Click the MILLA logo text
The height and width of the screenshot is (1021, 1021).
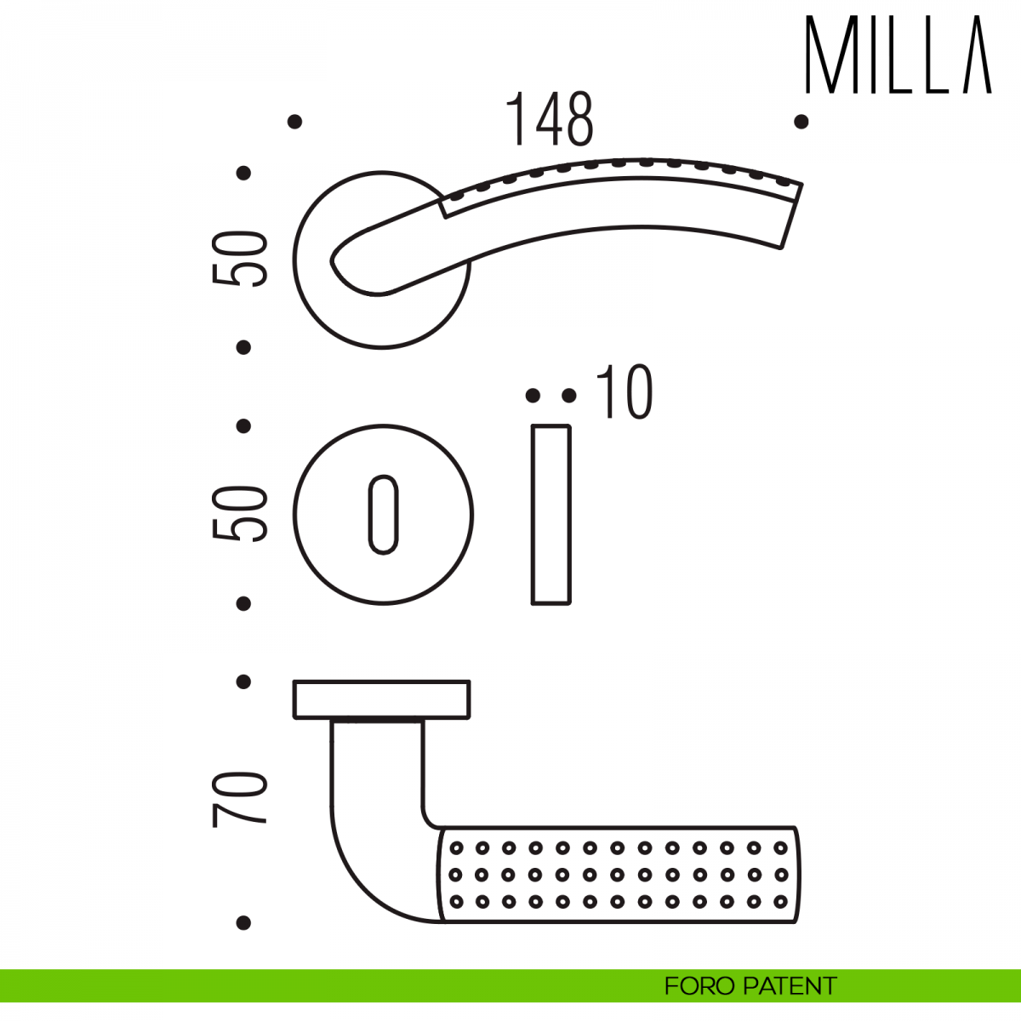(898, 54)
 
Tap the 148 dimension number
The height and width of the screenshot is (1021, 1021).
(549, 119)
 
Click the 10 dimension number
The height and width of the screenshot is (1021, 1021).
(625, 392)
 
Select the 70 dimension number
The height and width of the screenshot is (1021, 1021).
(238, 800)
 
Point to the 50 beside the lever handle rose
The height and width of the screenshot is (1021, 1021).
(238, 260)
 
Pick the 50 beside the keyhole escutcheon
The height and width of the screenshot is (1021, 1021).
(238, 513)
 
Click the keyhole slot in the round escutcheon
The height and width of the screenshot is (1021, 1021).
(383, 515)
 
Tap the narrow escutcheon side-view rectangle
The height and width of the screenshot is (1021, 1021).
(551, 515)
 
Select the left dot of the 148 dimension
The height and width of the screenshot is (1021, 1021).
(294, 122)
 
